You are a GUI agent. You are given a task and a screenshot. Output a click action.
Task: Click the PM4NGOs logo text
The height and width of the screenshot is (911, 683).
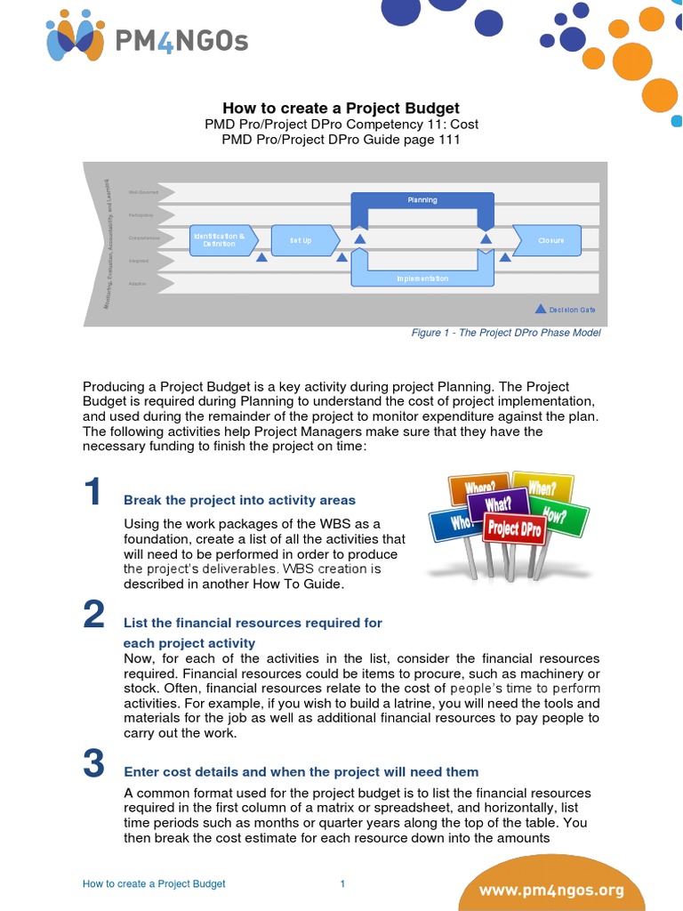[x=183, y=40]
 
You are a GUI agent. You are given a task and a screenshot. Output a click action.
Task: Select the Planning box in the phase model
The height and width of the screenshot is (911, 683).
[x=422, y=200]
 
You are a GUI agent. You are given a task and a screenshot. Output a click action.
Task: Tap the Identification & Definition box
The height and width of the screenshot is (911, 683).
[x=223, y=240]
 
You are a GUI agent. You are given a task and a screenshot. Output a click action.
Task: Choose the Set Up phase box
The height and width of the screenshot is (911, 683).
[x=302, y=240]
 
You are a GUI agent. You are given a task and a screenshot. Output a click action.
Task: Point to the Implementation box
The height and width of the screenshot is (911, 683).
[x=422, y=278]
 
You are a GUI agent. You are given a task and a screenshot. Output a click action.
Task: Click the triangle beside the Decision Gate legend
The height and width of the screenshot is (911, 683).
[x=540, y=309]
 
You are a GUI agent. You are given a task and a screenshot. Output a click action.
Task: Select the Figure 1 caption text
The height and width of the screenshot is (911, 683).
[x=506, y=333]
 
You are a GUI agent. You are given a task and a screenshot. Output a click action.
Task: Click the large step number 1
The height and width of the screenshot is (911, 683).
[x=94, y=492]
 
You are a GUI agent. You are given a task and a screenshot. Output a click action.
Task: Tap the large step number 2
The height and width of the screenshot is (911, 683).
[x=94, y=616]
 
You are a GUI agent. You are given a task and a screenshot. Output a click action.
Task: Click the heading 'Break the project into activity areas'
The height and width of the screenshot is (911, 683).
[x=239, y=500]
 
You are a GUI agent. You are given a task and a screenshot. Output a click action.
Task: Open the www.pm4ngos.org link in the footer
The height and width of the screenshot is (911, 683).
[x=565, y=890]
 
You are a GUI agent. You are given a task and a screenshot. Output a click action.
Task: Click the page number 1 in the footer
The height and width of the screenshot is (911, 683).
[x=342, y=883]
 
